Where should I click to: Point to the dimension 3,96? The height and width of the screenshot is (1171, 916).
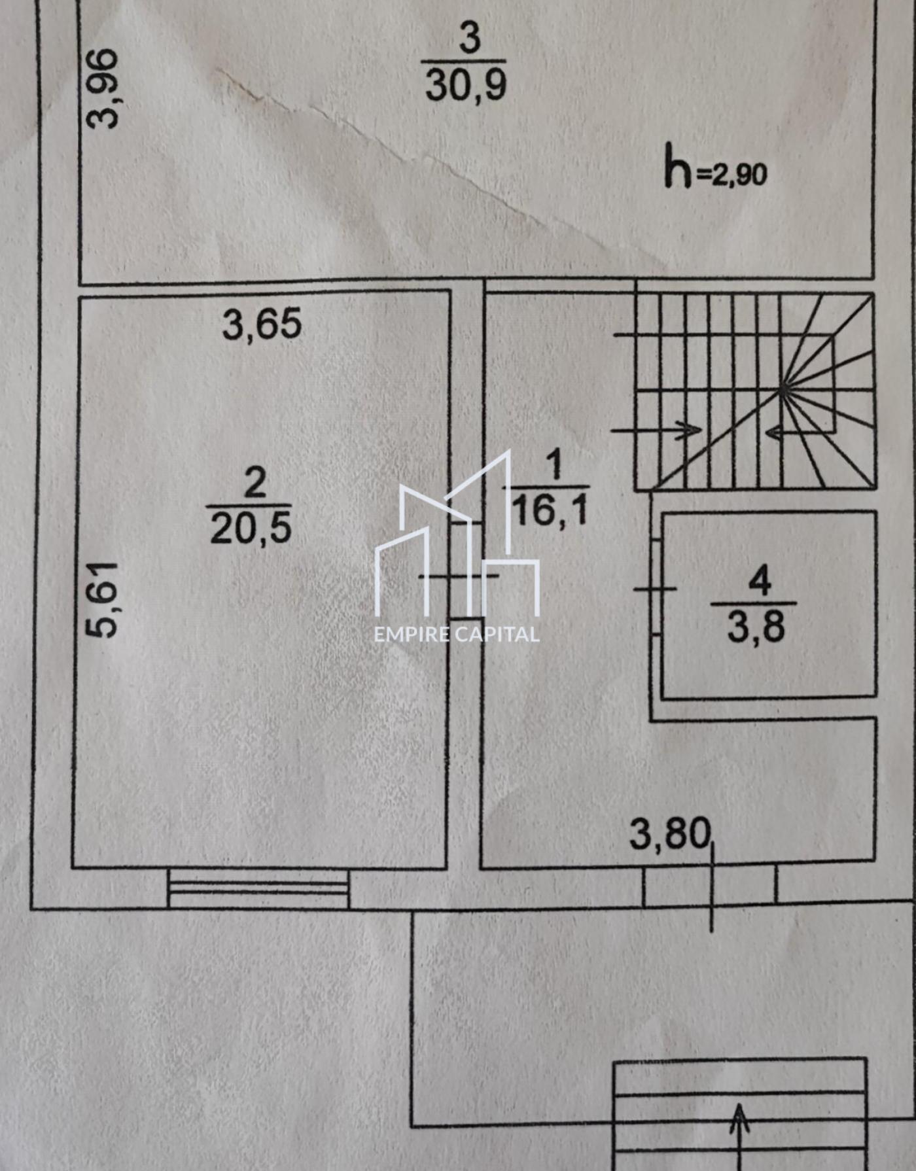[104, 88]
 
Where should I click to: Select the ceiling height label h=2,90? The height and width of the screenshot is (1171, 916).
[715, 167]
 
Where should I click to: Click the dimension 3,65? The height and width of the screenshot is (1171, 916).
[262, 324]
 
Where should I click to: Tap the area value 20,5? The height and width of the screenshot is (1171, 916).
[251, 527]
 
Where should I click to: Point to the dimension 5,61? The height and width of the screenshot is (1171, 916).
[103, 599]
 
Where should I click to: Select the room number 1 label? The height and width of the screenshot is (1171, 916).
[554, 464]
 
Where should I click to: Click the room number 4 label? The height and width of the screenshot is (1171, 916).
[759, 581]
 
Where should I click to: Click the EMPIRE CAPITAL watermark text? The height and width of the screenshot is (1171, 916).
[457, 634]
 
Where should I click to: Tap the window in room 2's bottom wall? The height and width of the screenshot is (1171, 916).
[258, 888]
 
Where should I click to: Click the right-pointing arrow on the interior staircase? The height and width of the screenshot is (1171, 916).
[656, 430]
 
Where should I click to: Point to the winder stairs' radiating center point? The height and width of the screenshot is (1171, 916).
[784, 391]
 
